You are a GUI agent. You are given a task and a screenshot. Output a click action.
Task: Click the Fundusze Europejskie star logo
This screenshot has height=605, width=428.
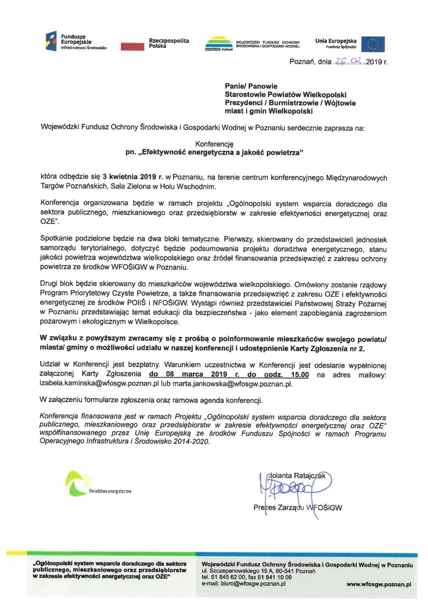(51, 41)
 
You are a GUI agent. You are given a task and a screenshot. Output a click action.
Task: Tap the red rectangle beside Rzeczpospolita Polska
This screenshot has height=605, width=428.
(132, 46)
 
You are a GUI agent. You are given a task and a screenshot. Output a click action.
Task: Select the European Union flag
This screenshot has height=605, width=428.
(373, 44)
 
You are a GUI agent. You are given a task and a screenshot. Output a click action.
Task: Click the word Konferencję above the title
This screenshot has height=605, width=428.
(214, 144)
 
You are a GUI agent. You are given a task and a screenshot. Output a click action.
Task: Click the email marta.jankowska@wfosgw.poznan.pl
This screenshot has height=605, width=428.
(232, 384)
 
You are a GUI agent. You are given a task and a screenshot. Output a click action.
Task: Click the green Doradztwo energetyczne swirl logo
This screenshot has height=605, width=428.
(78, 483)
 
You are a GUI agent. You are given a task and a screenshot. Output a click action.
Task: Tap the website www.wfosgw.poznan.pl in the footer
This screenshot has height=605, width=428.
(378, 584)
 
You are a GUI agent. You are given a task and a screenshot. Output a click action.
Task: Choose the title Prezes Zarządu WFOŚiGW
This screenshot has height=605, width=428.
(297, 507)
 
